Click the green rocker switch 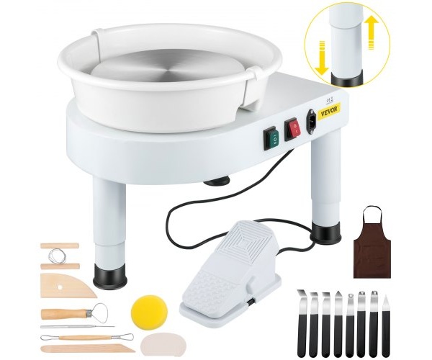pos(271,138)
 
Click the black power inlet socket pos(311,122)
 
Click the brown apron pos(372,243)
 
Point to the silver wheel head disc pos(168,71)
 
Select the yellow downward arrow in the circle pos(323,58)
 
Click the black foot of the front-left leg pos(110,276)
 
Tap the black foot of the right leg pos(326,233)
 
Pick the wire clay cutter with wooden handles pos(60,256)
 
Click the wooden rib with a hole pos(68,285)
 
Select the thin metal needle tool pos(78,327)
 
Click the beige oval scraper pos(163,345)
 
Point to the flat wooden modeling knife pos(88,348)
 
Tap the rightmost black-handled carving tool pos(386,325)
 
